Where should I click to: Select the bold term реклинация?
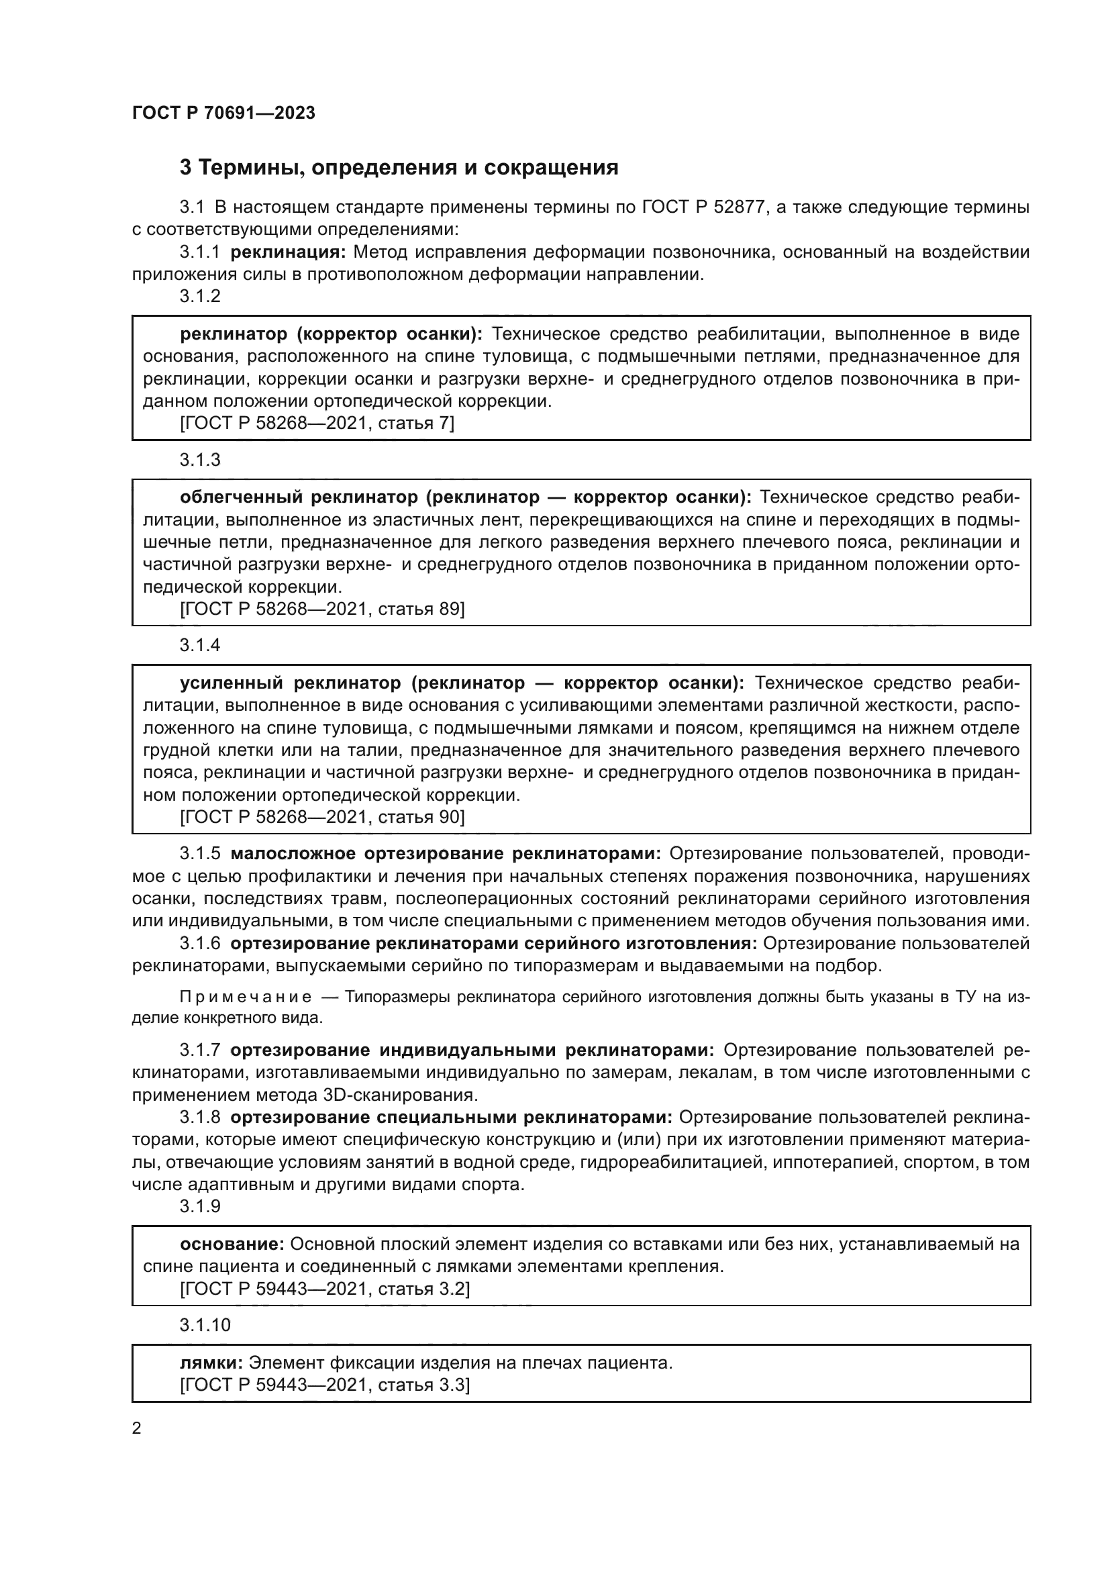tap(289, 252)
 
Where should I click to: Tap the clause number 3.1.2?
tap(200, 297)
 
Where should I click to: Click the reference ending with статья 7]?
tap(317, 424)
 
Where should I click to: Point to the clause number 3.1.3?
tap(200, 460)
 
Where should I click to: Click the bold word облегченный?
tap(241, 497)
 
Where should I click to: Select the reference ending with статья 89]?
tap(322, 609)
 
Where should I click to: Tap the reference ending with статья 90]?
tap(322, 817)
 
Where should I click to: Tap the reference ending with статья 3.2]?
tap(325, 1289)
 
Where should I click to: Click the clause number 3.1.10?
tap(205, 1325)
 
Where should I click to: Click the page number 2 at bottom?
tap(137, 1428)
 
